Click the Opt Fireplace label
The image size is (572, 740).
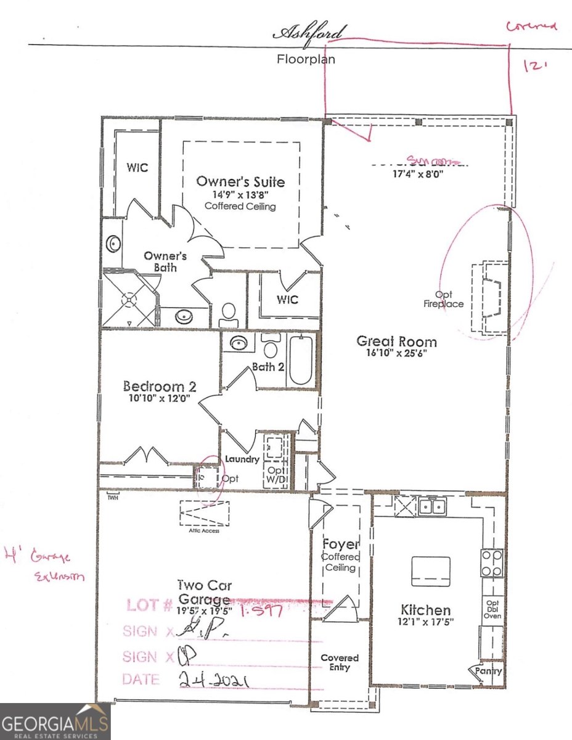443,299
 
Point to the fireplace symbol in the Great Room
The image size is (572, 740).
491,297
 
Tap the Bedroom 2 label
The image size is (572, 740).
159,387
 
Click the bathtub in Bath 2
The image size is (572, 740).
301,360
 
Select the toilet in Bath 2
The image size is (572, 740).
270,347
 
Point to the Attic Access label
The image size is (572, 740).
204,530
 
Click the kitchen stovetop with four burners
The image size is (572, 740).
492,562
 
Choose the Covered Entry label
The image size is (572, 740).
340,662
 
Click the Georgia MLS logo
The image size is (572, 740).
55,721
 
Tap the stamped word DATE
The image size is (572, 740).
141,680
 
